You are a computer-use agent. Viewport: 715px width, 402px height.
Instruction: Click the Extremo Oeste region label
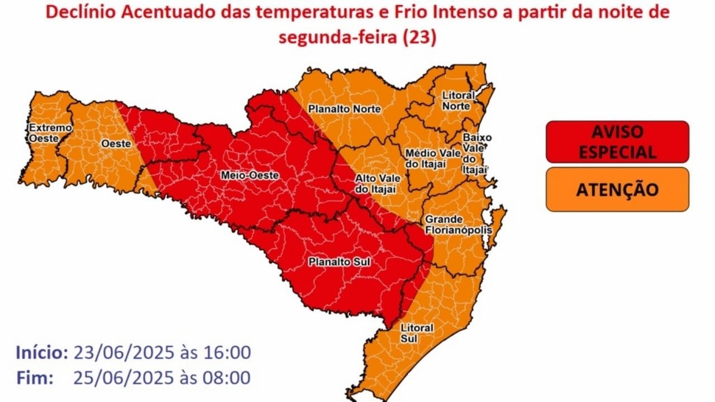[x=51, y=132]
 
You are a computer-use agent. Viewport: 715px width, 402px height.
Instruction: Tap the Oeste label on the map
[x=116, y=144]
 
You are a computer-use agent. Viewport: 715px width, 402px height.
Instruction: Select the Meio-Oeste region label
[x=250, y=175]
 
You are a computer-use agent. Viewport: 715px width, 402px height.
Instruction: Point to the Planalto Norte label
[x=345, y=109]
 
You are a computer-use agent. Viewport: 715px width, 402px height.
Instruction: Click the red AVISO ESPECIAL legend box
[x=617, y=142]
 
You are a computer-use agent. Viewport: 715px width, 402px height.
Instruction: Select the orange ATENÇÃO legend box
[x=617, y=189]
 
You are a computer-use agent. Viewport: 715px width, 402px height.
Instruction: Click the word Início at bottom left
[x=42, y=353]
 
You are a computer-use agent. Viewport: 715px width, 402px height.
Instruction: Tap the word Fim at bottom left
[x=35, y=377]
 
